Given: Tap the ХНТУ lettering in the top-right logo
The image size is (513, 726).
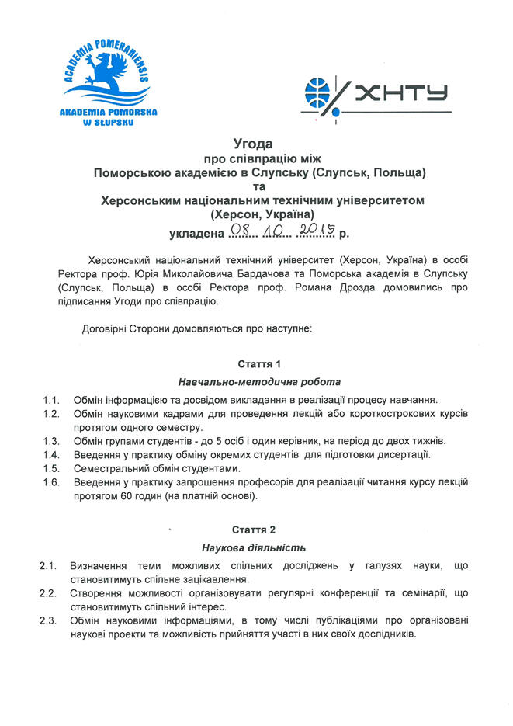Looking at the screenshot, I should [x=404, y=94].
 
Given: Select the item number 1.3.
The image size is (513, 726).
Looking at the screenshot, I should [x=51, y=441].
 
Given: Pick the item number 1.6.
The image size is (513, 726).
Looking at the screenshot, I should [x=51, y=482].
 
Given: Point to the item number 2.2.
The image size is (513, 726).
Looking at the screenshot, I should [x=47, y=593].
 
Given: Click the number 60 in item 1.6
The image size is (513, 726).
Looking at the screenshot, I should [x=128, y=496].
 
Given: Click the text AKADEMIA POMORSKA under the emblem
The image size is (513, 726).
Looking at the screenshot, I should [x=108, y=113].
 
